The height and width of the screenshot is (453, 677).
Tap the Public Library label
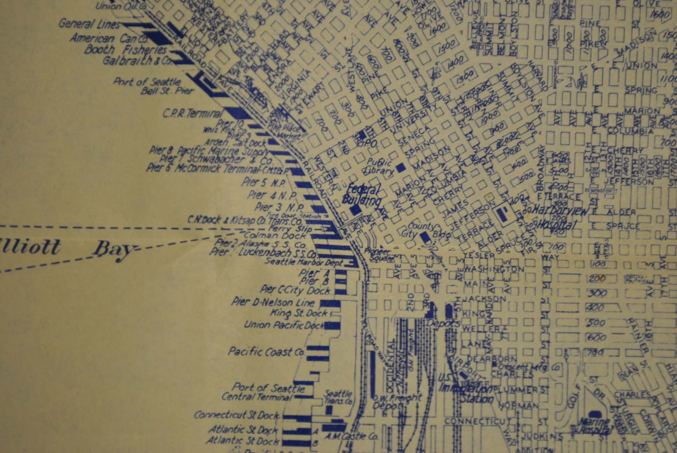379,166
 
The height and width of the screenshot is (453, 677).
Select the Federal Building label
362,196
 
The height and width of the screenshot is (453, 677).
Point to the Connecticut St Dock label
237,415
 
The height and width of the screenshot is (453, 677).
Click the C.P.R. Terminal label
192,114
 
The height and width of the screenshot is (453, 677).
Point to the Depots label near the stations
443,323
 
